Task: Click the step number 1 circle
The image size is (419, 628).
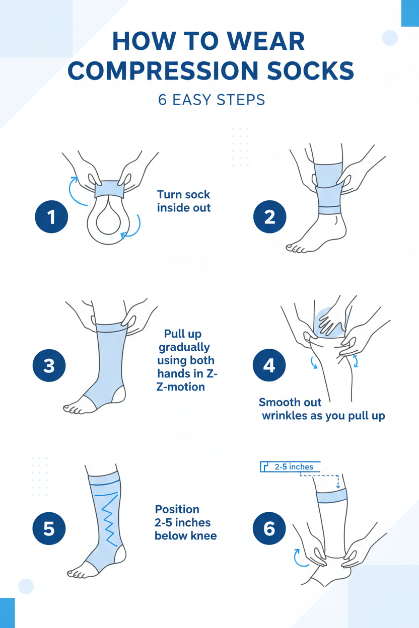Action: point(51,217)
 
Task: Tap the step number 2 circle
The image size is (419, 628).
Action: point(269,217)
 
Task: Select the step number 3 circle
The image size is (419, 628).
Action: point(49,365)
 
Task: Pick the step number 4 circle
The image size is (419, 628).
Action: point(269,365)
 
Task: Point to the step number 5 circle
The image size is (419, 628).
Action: point(49,529)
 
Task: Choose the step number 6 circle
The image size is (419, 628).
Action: point(269,529)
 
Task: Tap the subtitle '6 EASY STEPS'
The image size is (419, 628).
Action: point(211,100)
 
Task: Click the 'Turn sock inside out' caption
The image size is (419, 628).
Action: point(183,201)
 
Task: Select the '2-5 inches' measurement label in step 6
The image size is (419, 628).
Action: point(294,467)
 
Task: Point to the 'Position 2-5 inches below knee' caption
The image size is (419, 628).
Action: point(185,522)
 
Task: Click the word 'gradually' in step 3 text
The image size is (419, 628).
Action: point(184,347)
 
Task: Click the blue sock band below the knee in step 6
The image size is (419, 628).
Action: point(331,497)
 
